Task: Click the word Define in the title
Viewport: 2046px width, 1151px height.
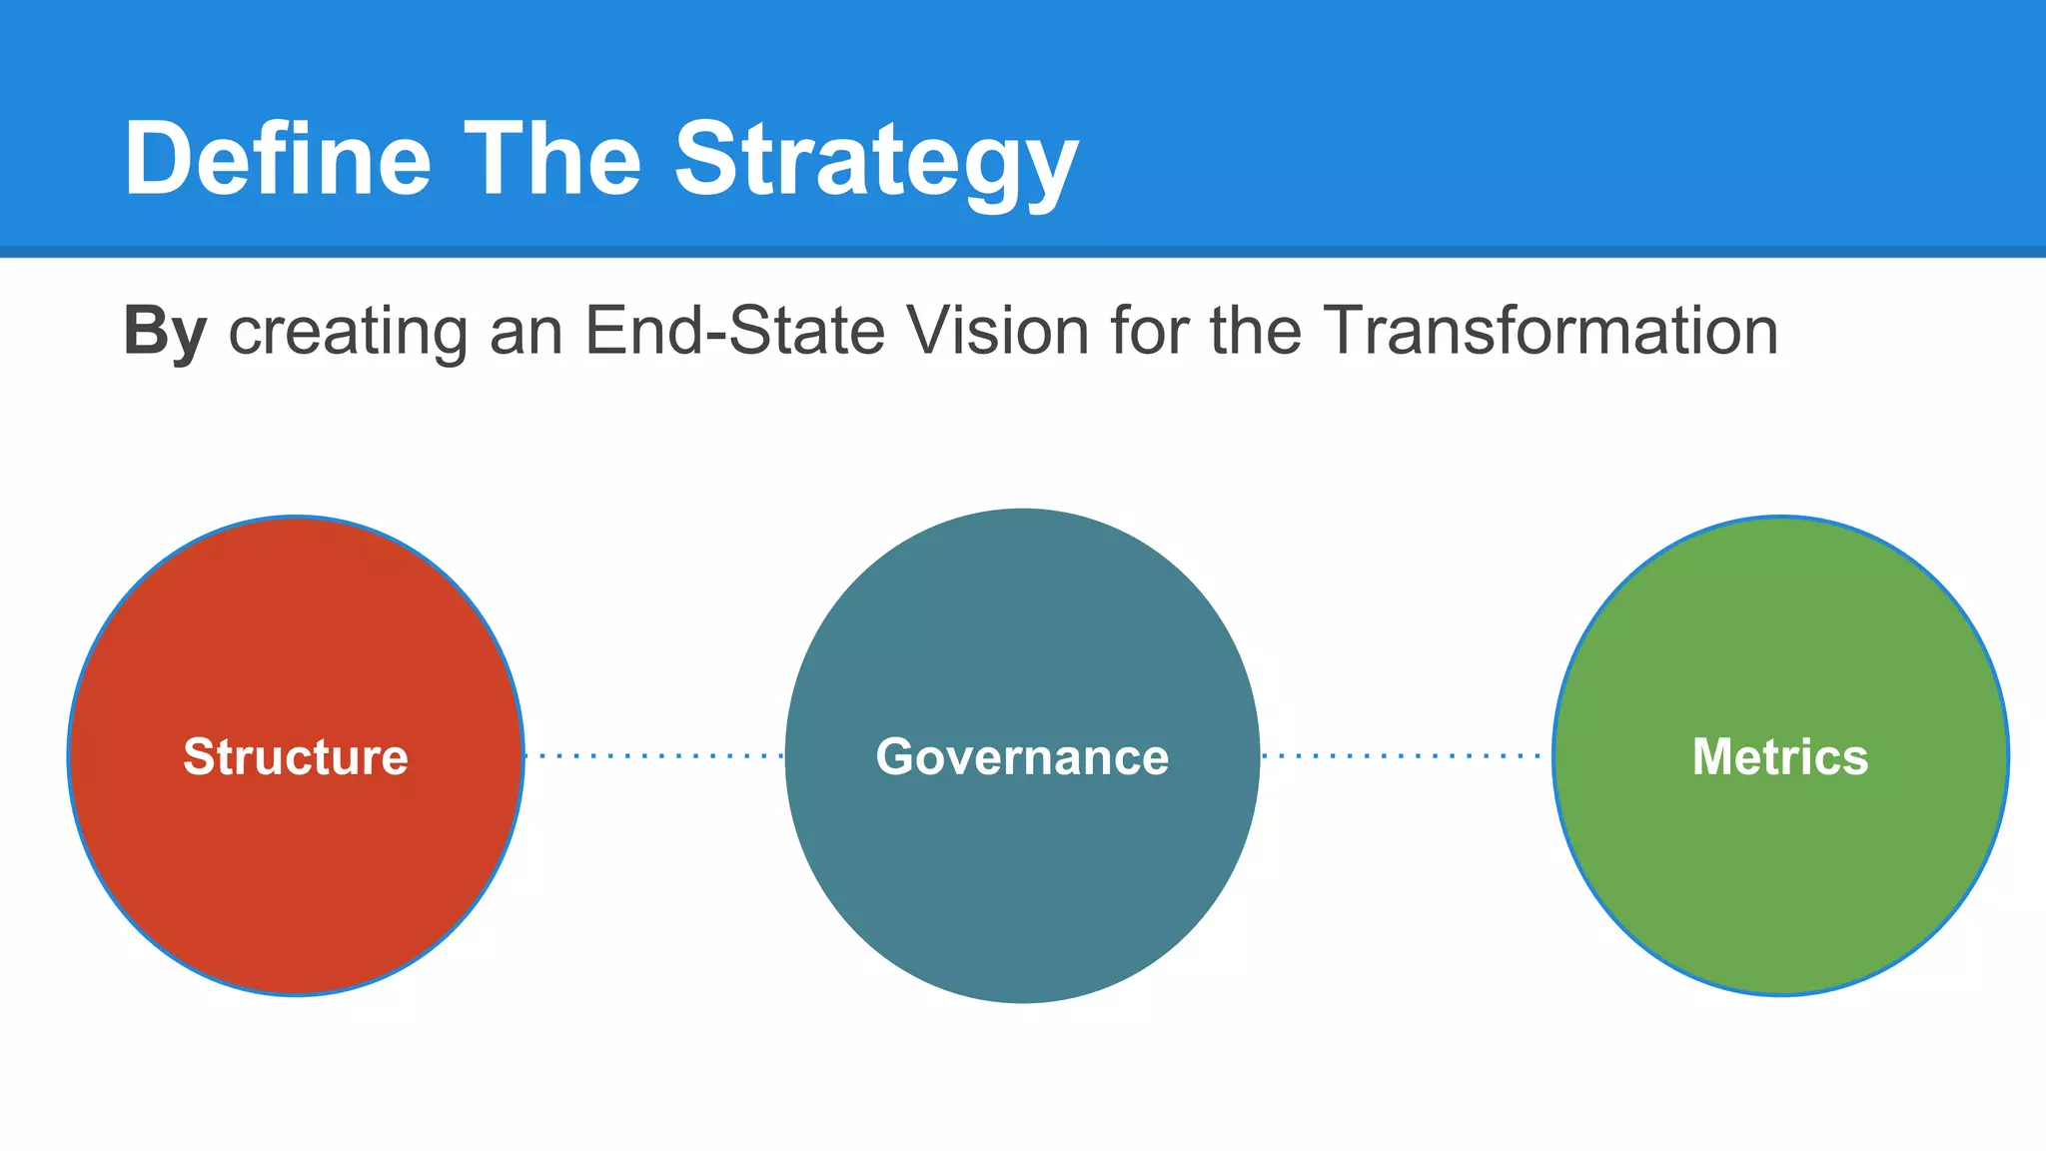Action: pos(278,160)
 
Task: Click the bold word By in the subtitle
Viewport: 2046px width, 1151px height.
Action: pos(165,332)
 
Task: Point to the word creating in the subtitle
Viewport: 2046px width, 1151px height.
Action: pos(348,332)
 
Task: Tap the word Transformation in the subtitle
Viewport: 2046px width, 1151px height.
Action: pos(1550,332)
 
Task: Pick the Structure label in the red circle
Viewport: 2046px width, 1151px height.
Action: pos(296,756)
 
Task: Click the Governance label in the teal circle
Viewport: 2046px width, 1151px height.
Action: pos(1022,756)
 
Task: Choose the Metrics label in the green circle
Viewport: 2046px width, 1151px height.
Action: pos(1780,756)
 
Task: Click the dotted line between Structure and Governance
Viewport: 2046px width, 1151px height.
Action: pos(654,756)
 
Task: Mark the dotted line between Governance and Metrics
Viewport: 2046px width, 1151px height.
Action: pos(1404,756)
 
